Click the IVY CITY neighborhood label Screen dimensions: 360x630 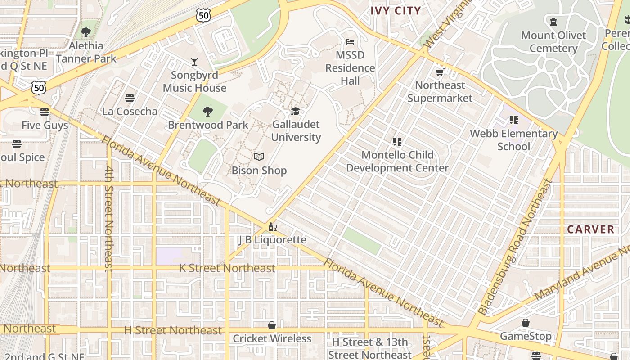click(396, 11)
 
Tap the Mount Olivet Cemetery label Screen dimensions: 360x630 click(553, 42)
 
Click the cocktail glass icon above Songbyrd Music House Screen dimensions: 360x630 click(194, 62)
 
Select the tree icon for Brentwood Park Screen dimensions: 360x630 click(207, 111)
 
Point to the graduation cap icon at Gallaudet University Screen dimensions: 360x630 click(295, 111)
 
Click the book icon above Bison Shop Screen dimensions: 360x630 click(259, 157)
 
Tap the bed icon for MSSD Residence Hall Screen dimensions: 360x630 click(350, 42)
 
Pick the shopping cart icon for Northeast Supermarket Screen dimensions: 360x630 click(440, 72)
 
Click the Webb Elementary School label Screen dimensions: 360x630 click(513, 140)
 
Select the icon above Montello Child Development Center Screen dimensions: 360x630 click(397, 142)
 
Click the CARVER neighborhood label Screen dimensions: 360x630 click(590, 229)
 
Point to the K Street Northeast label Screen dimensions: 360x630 click(227, 268)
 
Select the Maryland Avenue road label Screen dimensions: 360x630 click(583, 274)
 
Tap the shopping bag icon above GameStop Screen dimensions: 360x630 click(525, 323)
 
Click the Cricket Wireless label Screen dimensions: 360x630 click(272, 338)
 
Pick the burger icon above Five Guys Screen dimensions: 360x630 click(44, 112)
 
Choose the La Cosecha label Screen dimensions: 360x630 click(130, 112)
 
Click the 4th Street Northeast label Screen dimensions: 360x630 click(108, 219)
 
